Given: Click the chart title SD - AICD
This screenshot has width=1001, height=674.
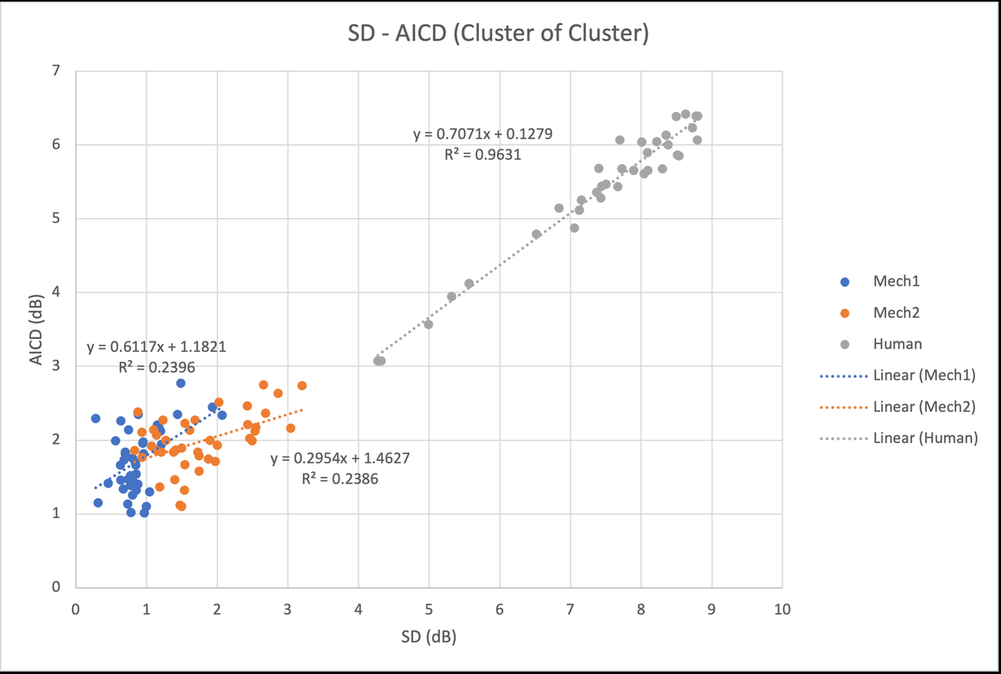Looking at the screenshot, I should tap(499, 34).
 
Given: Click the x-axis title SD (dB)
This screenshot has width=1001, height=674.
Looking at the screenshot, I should tap(429, 637).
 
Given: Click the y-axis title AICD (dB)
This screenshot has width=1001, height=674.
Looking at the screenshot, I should tap(36, 329).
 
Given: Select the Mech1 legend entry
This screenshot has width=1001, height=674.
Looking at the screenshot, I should tap(897, 282).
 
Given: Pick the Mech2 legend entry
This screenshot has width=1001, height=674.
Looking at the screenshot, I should tap(897, 313).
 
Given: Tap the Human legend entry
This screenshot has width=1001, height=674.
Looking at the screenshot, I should tap(897, 344).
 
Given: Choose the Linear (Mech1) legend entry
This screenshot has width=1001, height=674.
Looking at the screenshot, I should tap(925, 376).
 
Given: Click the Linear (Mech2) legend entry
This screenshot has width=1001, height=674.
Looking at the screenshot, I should tap(925, 406).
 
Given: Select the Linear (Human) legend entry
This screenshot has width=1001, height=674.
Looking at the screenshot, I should tap(925, 438).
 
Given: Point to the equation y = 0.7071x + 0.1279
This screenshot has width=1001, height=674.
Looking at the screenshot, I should tap(483, 135).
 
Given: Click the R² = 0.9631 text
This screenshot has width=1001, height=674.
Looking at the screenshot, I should tap(483, 154).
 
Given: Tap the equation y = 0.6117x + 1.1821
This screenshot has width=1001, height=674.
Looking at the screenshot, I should tap(156, 348).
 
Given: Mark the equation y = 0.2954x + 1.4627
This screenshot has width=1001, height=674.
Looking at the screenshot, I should tap(340, 459).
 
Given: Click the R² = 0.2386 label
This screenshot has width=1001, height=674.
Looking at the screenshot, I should tap(340, 479).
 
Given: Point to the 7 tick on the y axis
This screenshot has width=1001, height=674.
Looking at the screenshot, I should tap(56, 71).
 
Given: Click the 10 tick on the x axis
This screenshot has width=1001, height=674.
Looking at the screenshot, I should tap(782, 607).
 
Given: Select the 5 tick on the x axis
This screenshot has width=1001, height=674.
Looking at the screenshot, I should tap(429, 607).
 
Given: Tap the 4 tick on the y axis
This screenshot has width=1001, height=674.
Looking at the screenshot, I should tap(56, 293).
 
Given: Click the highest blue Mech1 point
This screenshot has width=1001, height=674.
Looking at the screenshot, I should tap(181, 383).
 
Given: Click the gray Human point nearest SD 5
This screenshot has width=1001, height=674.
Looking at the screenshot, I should tap(429, 324).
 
